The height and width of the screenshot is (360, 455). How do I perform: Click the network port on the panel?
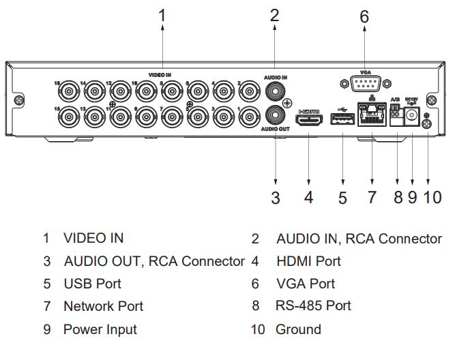[x=370, y=119]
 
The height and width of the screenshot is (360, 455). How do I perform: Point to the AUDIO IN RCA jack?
[x=275, y=88]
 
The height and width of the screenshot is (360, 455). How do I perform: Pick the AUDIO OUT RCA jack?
[x=275, y=113]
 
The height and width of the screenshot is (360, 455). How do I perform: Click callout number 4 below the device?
[x=309, y=198]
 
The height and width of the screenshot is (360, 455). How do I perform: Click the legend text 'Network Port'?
[x=103, y=306]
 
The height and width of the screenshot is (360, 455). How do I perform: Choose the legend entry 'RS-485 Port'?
[x=313, y=306]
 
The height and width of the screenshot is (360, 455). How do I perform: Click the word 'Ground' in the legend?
[x=298, y=329]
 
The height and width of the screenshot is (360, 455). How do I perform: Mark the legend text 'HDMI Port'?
[x=308, y=261]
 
